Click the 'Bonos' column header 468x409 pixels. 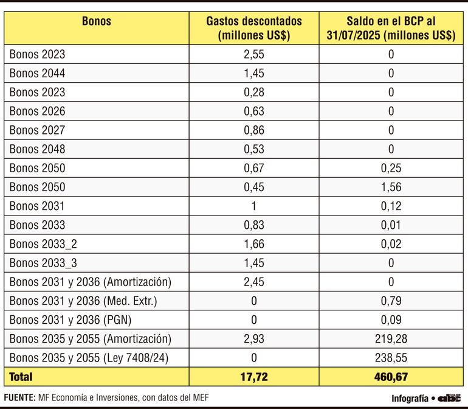pos(96,21)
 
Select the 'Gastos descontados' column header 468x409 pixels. pos(253,28)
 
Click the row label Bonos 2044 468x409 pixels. pos(37,74)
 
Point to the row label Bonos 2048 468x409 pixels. pos(37,149)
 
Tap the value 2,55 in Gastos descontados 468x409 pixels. pos(253,55)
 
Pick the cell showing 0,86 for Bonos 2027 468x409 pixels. pos(253,130)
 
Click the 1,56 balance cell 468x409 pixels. pos(391,187)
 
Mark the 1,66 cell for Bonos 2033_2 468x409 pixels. pos(253,244)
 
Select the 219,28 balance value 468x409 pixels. pos(391,338)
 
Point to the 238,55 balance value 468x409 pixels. pos(391,357)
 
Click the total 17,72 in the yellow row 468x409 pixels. pos(253,377)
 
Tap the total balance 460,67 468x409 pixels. pos(391,377)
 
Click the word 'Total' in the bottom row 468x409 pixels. pos(21,377)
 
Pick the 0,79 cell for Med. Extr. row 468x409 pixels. pos(391,301)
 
